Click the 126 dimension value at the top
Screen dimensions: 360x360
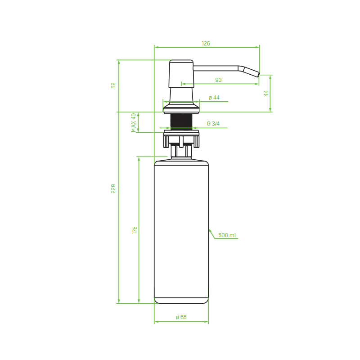click(206, 44)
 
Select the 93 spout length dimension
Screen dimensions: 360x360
click(218, 80)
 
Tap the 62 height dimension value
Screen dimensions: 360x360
click(113, 85)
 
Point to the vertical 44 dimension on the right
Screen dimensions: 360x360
click(266, 93)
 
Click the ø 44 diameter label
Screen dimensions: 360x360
click(214, 98)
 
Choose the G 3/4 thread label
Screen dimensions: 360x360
click(213, 124)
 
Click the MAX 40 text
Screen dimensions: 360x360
click(134, 122)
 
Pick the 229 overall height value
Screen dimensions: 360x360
click(113, 189)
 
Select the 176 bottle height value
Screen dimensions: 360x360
click(135, 230)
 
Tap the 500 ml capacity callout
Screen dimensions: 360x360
click(227, 235)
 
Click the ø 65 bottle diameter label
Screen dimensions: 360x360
click(181, 317)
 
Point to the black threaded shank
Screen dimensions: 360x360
click(181, 121)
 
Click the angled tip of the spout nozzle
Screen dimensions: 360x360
click(251, 72)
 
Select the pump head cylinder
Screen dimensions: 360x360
click(181, 74)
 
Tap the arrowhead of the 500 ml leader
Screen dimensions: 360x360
click(209, 230)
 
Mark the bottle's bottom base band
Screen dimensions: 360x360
click(181, 300)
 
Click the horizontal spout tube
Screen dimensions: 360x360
click(216, 68)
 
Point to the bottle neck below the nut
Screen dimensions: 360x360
click(181, 152)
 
